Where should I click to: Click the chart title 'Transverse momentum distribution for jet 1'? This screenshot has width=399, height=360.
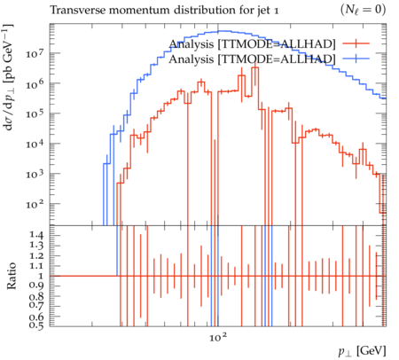[x=164, y=11]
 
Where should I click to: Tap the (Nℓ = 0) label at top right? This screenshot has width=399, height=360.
[x=364, y=10]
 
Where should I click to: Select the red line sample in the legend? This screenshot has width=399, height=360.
[x=356, y=43]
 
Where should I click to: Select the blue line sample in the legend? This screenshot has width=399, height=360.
[x=356, y=59]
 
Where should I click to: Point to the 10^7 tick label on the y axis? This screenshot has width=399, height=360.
[x=35, y=53]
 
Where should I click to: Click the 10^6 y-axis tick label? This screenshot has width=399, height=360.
[x=35, y=83]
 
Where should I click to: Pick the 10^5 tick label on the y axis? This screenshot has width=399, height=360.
[x=35, y=113]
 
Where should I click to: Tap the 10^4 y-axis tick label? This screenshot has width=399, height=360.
[x=35, y=144]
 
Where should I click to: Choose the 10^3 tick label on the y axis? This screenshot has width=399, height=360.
[x=35, y=174]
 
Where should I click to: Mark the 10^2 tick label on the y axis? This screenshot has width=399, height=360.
[x=35, y=204]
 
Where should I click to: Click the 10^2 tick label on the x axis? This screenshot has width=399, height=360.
[x=218, y=337]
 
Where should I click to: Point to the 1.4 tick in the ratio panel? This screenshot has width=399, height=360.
[x=36, y=236]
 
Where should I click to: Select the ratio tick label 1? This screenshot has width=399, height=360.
[x=41, y=276]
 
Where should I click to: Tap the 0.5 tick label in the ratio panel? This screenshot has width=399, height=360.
[x=36, y=325]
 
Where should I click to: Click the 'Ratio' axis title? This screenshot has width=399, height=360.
[x=12, y=276]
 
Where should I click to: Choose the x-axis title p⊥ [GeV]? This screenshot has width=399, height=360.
[x=362, y=351]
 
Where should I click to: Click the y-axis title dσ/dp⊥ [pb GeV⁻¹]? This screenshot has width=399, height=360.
[x=8, y=77]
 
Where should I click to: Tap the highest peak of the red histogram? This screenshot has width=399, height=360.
[x=255, y=67]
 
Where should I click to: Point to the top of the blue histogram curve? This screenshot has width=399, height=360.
[x=221, y=31]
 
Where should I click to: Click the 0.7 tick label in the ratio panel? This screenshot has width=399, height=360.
[x=36, y=306]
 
